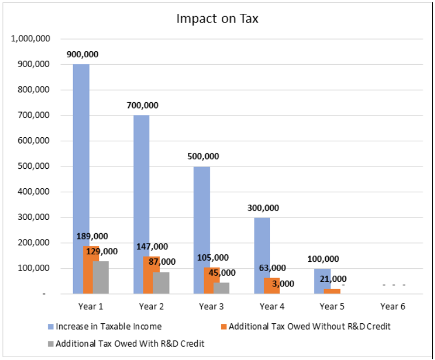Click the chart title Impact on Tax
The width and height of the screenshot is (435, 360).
pos(217,18)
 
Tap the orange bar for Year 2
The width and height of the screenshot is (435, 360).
pos(152,276)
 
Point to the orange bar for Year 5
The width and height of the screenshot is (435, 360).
pos(332,291)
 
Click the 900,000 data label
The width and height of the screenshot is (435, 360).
pos(82,55)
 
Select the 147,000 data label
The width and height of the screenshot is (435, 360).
pos(152,246)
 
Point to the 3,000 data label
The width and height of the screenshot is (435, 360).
pos(283,284)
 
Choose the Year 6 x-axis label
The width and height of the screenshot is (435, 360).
pos(392,307)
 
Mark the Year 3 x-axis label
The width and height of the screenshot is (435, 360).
pos(211,307)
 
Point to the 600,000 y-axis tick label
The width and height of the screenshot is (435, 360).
pos(34,141)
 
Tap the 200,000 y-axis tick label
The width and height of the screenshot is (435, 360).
pos(34,243)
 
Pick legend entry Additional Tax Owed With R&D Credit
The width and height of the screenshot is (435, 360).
pos(130,343)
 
